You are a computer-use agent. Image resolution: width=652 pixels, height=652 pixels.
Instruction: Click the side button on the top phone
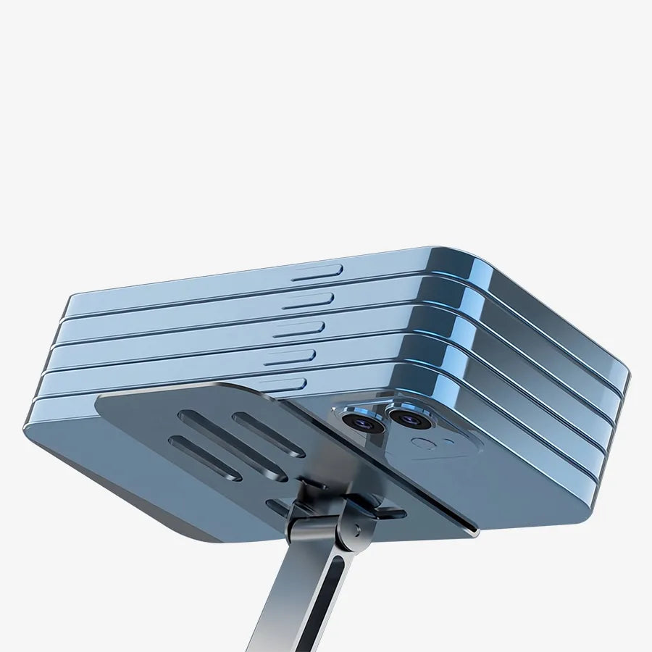click(317, 272)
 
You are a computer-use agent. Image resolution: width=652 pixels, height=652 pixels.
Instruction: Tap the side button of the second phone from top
click(308, 300)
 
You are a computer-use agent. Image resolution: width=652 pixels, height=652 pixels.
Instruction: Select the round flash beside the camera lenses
click(422, 443)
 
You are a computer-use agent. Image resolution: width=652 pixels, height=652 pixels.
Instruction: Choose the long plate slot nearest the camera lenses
click(268, 434)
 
